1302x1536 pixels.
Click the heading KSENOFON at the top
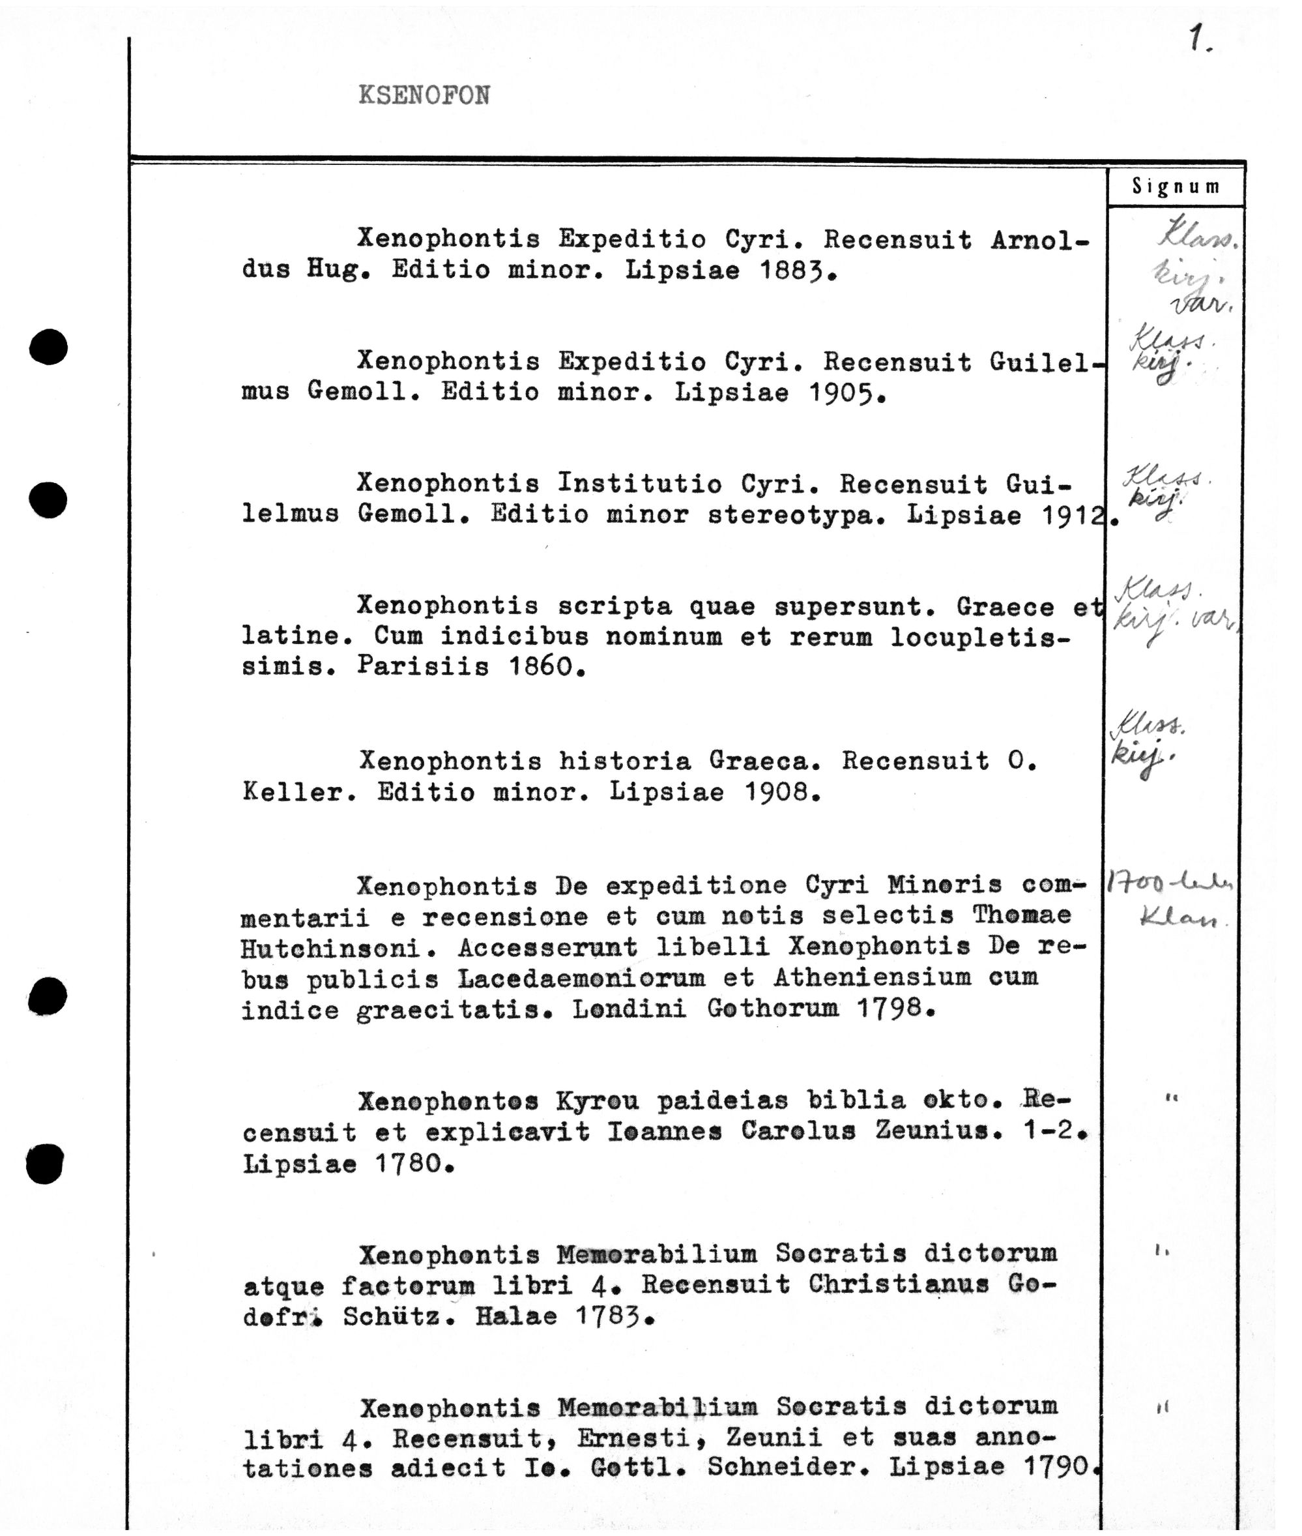pyautogui.click(x=424, y=95)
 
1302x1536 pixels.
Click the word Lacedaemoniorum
pyautogui.click(x=581, y=979)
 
